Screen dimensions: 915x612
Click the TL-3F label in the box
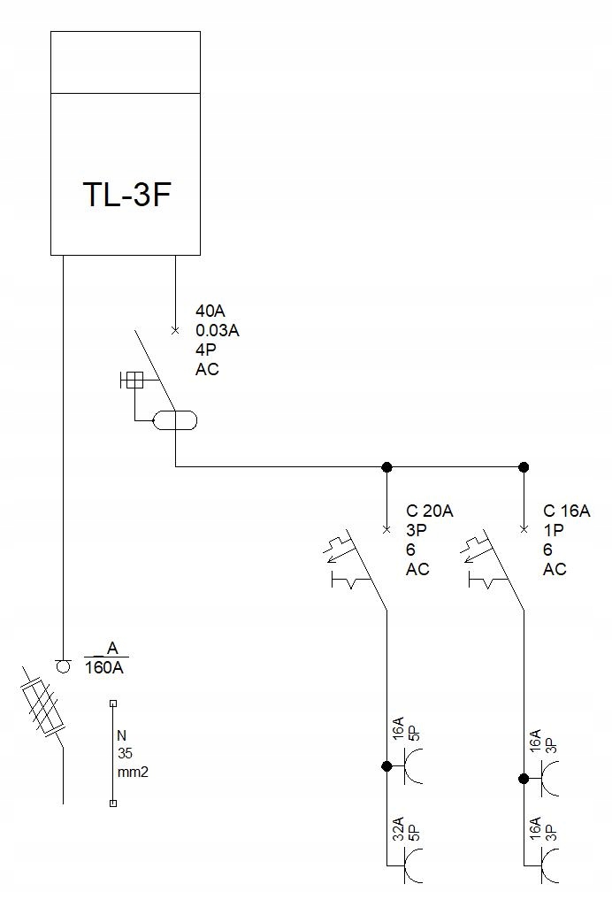126,194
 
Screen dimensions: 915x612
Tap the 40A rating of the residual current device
210,312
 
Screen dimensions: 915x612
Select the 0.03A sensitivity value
218,331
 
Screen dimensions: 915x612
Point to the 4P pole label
205,350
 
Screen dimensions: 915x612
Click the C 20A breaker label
430,511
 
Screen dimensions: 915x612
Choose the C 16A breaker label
567,511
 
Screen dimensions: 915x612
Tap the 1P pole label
554,530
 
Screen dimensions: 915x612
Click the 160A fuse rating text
105,668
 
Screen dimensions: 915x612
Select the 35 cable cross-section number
125,754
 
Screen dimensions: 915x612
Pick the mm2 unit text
133,772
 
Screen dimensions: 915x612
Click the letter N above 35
122,735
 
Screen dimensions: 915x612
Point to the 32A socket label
398,829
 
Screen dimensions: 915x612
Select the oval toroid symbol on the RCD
175,420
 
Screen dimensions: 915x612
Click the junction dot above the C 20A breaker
386,466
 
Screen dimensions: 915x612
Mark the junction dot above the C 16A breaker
524,466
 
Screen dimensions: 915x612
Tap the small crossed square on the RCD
134,381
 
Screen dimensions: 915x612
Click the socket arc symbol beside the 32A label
414,865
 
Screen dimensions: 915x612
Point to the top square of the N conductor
113,704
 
